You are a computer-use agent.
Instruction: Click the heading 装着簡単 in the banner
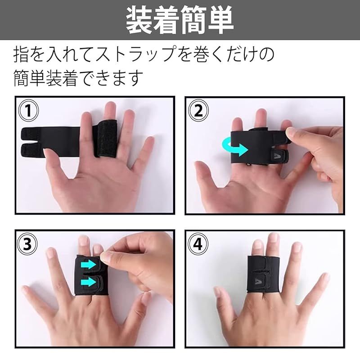(180, 20)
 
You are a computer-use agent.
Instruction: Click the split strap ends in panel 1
(45, 137)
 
